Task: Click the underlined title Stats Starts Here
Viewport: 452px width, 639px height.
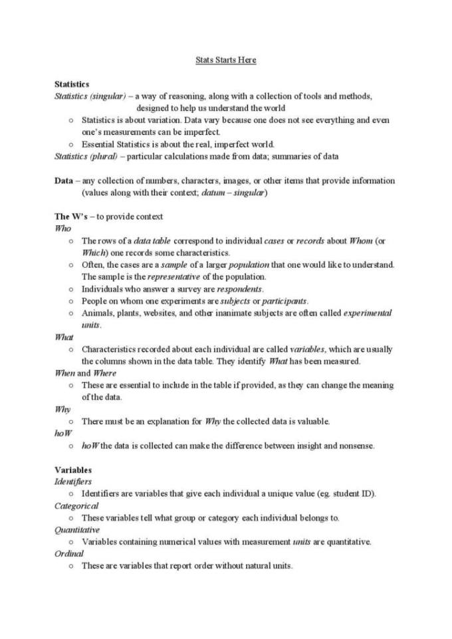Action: tap(225, 60)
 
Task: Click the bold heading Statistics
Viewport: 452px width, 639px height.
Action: tap(72, 84)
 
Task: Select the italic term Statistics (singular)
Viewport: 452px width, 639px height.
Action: tap(90, 96)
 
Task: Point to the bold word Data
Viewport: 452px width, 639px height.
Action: tap(63, 181)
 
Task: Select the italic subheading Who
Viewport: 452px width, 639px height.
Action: tap(62, 228)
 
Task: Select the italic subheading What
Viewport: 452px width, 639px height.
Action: tap(64, 337)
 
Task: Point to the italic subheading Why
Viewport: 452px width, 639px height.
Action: tap(62, 409)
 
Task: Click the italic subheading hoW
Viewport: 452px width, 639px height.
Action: tap(62, 433)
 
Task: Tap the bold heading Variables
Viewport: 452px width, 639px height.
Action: tap(73, 470)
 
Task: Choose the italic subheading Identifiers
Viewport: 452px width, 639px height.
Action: tap(73, 482)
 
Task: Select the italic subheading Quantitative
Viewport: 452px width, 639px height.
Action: tap(77, 530)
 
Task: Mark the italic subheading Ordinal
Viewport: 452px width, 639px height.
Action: tap(69, 554)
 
